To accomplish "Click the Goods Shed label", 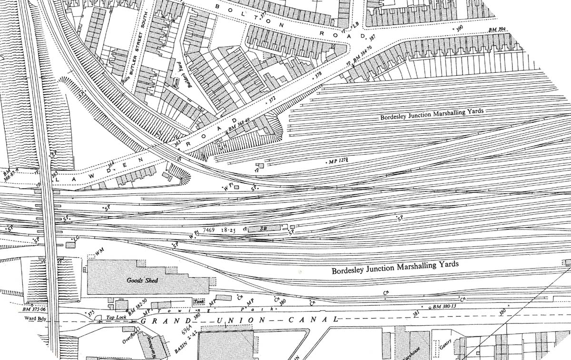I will [139, 281].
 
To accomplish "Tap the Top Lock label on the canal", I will [114, 317].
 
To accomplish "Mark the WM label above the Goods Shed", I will [99, 250].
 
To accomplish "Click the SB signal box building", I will [263, 229].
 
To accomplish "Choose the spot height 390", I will [460, 29].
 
